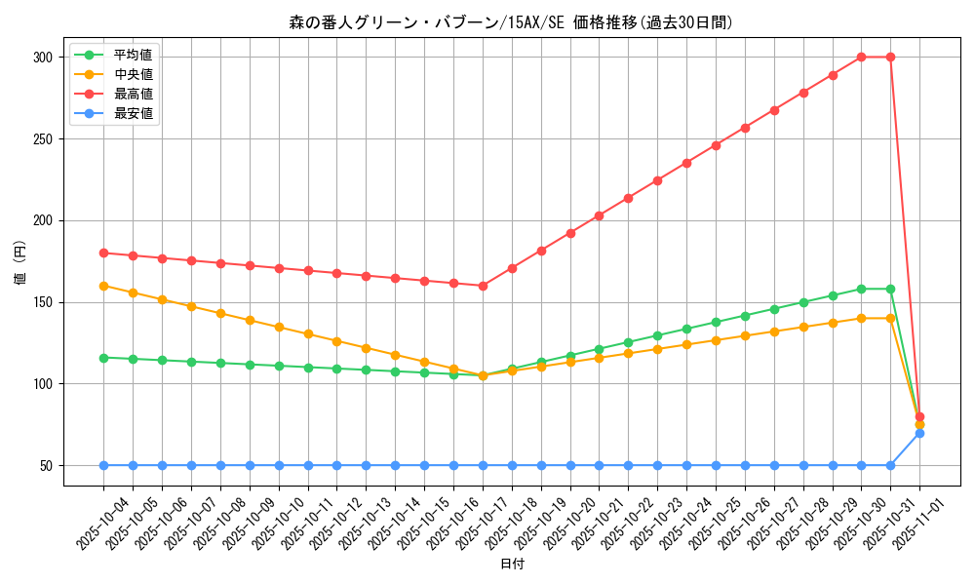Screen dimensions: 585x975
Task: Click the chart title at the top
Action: point(511,22)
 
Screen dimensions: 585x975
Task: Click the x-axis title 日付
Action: point(512,565)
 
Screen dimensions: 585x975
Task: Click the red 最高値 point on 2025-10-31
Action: point(890,57)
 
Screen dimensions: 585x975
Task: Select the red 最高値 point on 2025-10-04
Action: point(103,253)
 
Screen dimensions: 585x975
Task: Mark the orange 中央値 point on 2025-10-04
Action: point(103,286)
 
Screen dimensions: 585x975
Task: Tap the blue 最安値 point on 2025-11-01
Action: point(919,433)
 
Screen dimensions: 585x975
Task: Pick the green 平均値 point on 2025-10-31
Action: point(890,289)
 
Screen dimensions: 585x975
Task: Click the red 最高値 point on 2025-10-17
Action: point(483,286)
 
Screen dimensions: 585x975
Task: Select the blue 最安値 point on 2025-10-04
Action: point(103,465)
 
